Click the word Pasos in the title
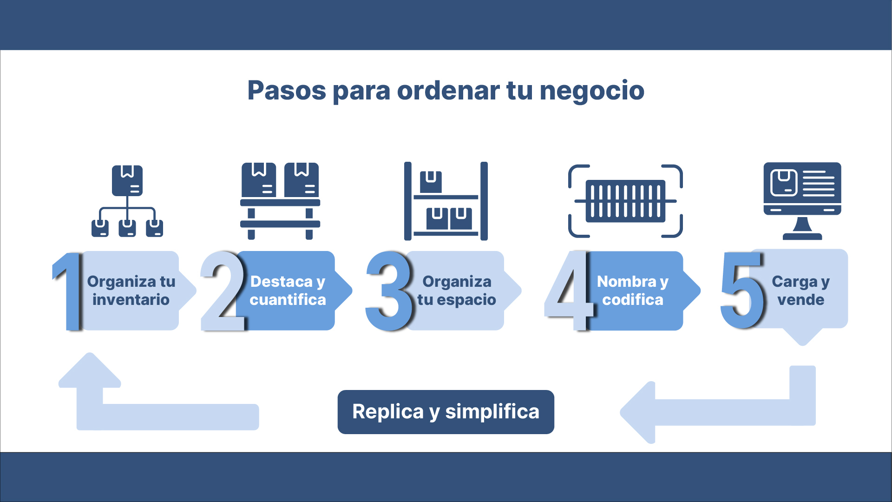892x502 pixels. point(287,91)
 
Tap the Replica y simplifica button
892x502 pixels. point(446,412)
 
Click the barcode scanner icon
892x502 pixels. point(625,201)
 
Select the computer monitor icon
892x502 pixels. point(802,200)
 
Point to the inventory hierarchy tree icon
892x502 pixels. point(127,201)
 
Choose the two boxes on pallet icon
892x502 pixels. point(280,201)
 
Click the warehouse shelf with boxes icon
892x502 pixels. point(446,201)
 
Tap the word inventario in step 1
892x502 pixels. point(131,300)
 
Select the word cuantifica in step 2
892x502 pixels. point(288,300)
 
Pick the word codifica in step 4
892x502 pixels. point(633,300)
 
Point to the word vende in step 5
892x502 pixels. point(801,300)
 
